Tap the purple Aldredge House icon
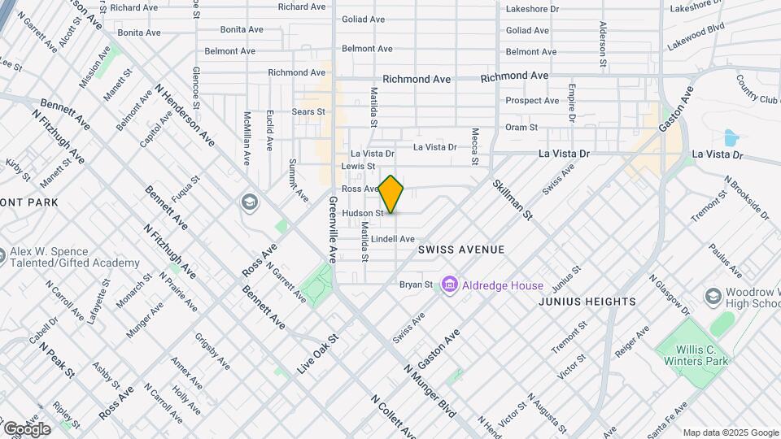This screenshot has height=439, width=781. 448,285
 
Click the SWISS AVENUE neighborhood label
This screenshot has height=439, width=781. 461,250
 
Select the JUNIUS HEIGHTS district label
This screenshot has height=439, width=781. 587,302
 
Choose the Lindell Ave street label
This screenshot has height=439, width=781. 395,239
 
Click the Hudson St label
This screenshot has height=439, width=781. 362,213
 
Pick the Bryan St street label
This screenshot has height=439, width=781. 415,285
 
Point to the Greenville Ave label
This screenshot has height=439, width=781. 332,228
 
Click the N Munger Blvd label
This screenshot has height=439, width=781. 430,390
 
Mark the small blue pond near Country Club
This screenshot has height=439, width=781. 730,137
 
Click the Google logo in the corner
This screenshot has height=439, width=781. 26,428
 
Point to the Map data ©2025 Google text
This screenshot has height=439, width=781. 730,432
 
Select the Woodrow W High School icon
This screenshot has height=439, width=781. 713,295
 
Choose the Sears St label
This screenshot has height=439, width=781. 308,111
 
